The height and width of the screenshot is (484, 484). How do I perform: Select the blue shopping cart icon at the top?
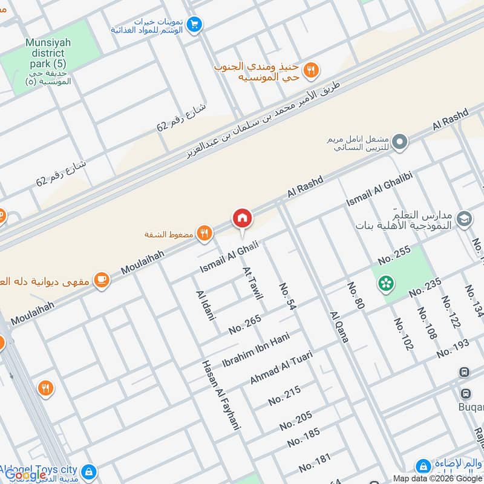click(x=194, y=24)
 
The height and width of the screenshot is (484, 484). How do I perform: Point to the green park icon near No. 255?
click(x=385, y=283)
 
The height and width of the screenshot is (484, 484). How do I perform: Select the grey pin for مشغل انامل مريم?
click(x=399, y=143)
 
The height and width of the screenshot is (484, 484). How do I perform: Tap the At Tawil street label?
click(x=252, y=283)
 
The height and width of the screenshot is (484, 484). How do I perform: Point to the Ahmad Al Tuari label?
click(x=281, y=367)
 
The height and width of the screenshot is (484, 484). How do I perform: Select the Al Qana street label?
click(x=339, y=327)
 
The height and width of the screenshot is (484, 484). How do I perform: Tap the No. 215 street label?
click(x=284, y=396)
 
